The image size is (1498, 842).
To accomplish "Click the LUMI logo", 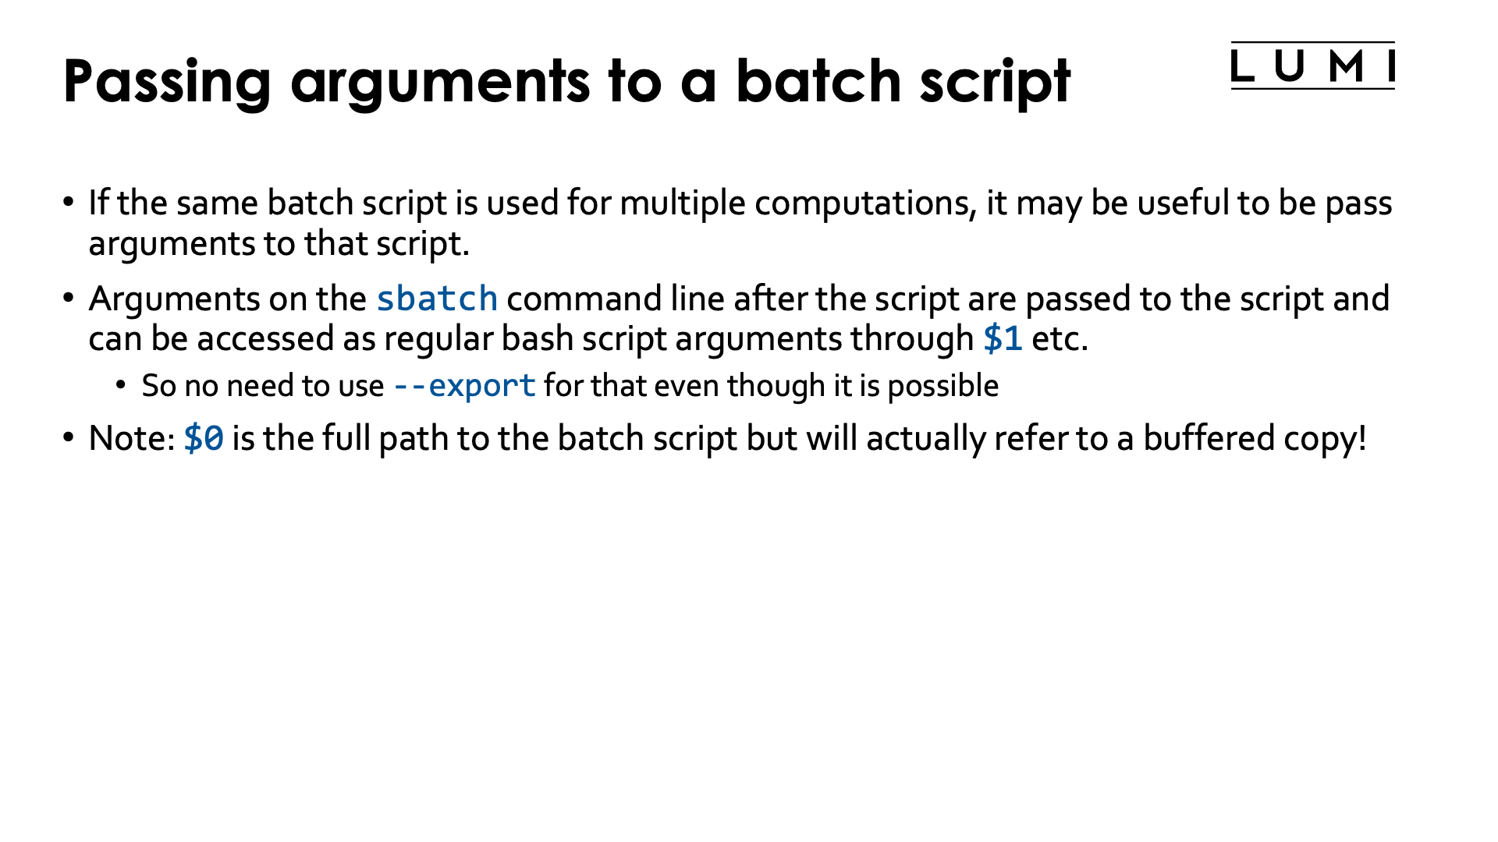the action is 1312,65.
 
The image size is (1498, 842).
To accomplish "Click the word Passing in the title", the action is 167,82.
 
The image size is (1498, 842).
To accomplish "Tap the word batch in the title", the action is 818,80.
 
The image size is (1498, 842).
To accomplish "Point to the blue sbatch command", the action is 437,299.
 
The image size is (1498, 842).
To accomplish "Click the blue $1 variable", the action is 1003,339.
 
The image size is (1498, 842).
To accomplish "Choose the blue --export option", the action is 464,386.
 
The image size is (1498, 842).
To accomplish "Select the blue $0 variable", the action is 204,438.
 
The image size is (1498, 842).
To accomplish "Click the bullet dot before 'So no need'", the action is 120,384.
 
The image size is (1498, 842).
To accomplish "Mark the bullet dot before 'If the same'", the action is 69,203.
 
